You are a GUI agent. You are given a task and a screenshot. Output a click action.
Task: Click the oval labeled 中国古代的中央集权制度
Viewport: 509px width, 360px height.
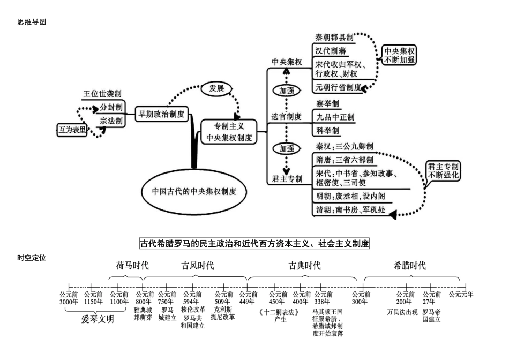[x=194, y=191]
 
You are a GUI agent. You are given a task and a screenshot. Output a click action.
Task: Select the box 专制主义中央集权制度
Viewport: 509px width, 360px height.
[x=228, y=132]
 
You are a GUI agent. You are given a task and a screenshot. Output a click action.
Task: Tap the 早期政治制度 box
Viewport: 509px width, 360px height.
[x=161, y=114]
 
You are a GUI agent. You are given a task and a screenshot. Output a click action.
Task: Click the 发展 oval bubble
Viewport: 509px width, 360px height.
[x=216, y=88]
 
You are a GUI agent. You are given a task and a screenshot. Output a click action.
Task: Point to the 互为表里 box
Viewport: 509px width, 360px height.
[x=72, y=129]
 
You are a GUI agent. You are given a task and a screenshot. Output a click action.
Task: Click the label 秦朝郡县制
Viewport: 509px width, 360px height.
[x=334, y=37]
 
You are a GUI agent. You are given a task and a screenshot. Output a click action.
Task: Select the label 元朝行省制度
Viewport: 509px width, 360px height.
[x=338, y=87]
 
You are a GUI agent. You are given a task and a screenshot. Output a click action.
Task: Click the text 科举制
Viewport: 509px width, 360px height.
[x=327, y=130]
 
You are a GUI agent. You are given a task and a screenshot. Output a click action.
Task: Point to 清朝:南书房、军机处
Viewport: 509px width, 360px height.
[x=350, y=209]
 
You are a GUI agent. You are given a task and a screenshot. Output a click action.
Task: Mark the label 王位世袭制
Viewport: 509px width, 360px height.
[x=102, y=93]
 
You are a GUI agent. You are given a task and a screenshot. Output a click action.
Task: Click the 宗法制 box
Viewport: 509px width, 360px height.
[x=111, y=121]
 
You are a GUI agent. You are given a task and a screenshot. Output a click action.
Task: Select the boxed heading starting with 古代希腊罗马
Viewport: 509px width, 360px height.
[x=254, y=244]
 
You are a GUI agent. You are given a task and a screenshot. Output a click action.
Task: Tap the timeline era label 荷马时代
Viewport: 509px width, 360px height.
[x=125, y=265]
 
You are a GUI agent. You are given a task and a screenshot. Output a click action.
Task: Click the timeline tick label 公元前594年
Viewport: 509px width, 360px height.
[x=192, y=298]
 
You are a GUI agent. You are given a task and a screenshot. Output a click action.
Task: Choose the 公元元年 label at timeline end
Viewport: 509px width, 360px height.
[x=461, y=294]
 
